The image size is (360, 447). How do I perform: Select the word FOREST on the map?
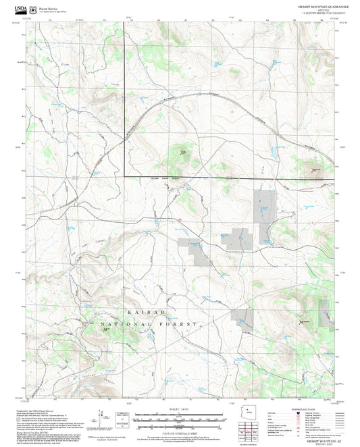[x=180, y=325]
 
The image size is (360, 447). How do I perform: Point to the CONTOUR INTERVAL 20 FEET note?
[x=180, y=434]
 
